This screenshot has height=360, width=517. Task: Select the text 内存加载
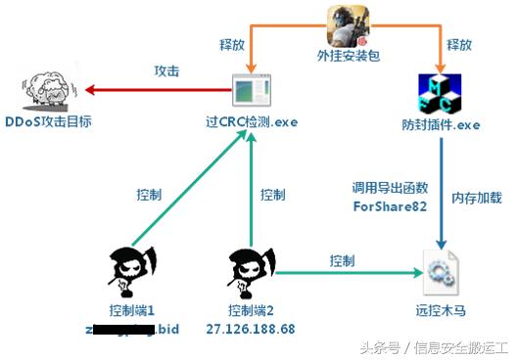[477, 198]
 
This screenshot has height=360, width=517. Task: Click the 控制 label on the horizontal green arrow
[342, 260]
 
